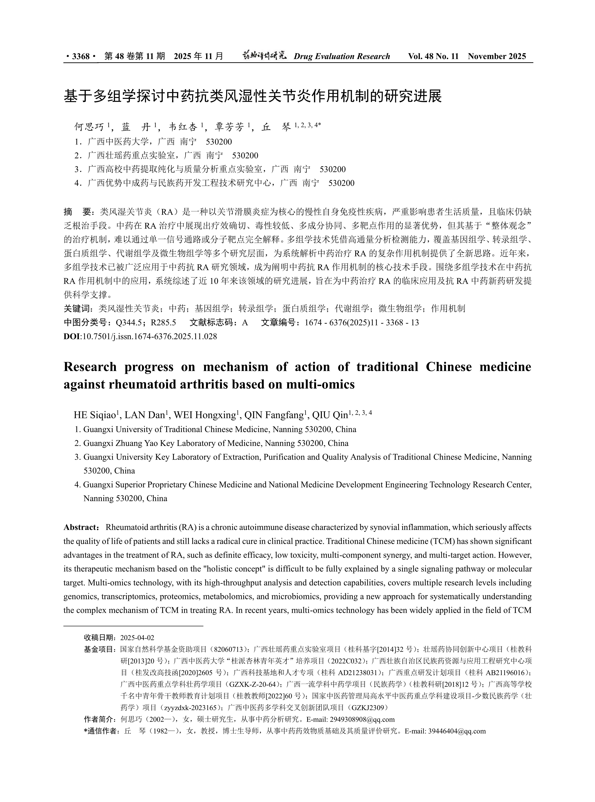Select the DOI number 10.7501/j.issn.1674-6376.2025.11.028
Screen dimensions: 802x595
pos(149,337)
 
